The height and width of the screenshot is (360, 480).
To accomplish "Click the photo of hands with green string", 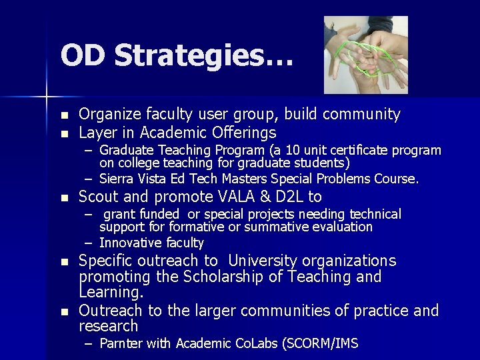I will coord(365,55).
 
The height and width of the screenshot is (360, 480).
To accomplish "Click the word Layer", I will coord(96,132).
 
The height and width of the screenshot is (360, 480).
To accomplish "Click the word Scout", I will coord(98,197).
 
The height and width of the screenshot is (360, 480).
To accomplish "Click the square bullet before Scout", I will coord(64,198).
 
